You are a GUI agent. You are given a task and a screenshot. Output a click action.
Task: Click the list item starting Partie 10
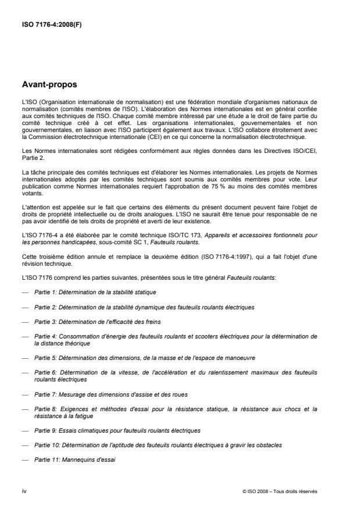coord(149,445)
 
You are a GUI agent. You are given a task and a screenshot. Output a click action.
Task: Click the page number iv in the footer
coord(24,491)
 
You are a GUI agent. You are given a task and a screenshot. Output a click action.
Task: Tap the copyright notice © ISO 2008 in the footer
coord(280,491)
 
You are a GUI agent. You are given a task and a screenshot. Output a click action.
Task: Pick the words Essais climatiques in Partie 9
coord(80,430)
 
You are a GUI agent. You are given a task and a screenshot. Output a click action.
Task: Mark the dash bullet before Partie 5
coord(24,358)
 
